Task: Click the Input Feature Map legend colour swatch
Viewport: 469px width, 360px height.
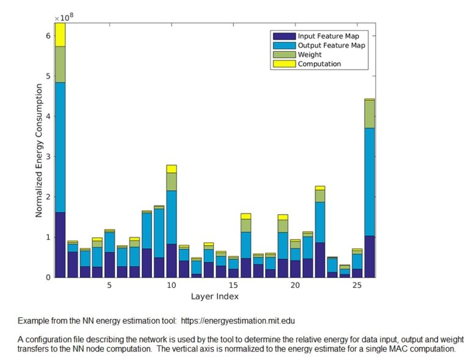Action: coord(284,36)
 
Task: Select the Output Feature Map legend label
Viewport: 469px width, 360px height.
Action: coord(332,45)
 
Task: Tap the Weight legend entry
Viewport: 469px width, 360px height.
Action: coord(310,54)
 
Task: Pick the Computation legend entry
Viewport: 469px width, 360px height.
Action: coord(319,64)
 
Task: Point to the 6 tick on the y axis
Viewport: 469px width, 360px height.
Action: coord(49,37)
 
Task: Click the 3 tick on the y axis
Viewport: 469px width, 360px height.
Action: coord(49,157)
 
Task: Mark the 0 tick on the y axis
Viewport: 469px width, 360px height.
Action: coord(49,277)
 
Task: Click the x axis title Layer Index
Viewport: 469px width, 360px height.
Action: coord(214,297)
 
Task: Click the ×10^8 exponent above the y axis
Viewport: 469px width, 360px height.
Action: coord(64,18)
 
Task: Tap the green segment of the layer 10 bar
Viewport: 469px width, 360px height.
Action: coord(171,182)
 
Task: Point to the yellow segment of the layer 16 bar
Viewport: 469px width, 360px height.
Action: coord(245,216)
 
